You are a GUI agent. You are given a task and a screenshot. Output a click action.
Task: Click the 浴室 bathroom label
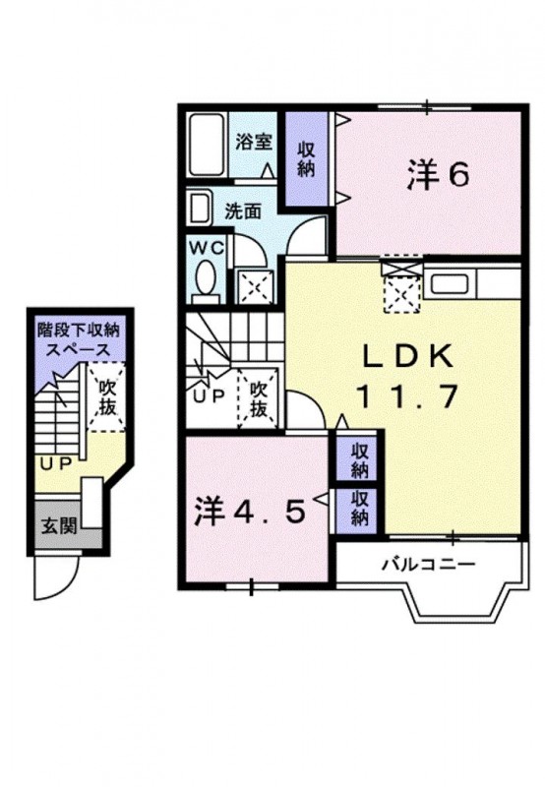click(254, 142)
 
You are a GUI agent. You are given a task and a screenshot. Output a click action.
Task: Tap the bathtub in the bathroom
click(207, 145)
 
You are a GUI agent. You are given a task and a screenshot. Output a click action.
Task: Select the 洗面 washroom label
click(243, 212)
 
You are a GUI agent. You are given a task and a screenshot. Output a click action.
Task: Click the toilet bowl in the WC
click(205, 277)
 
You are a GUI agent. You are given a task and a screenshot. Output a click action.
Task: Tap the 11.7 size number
click(407, 396)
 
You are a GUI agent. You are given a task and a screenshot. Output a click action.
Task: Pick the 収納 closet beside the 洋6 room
click(306, 158)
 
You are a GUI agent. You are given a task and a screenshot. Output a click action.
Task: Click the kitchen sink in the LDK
click(452, 284)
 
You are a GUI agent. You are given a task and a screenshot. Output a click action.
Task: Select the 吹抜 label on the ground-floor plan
click(107, 397)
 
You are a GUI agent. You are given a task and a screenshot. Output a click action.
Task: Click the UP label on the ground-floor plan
click(55, 464)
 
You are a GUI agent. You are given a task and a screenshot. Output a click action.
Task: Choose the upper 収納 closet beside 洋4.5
click(359, 460)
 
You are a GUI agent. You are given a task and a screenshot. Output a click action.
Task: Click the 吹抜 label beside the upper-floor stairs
click(259, 399)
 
